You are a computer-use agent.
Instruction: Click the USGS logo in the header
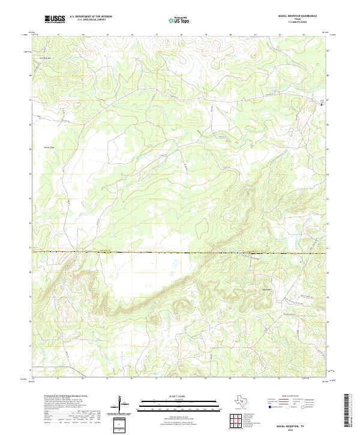tap(55, 19)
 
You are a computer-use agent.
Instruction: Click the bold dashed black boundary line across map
tap(180, 253)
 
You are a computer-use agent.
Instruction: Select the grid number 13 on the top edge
tap(58, 35)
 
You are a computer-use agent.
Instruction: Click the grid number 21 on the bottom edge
tap(254, 379)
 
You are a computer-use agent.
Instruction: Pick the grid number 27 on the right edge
tap(328, 100)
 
